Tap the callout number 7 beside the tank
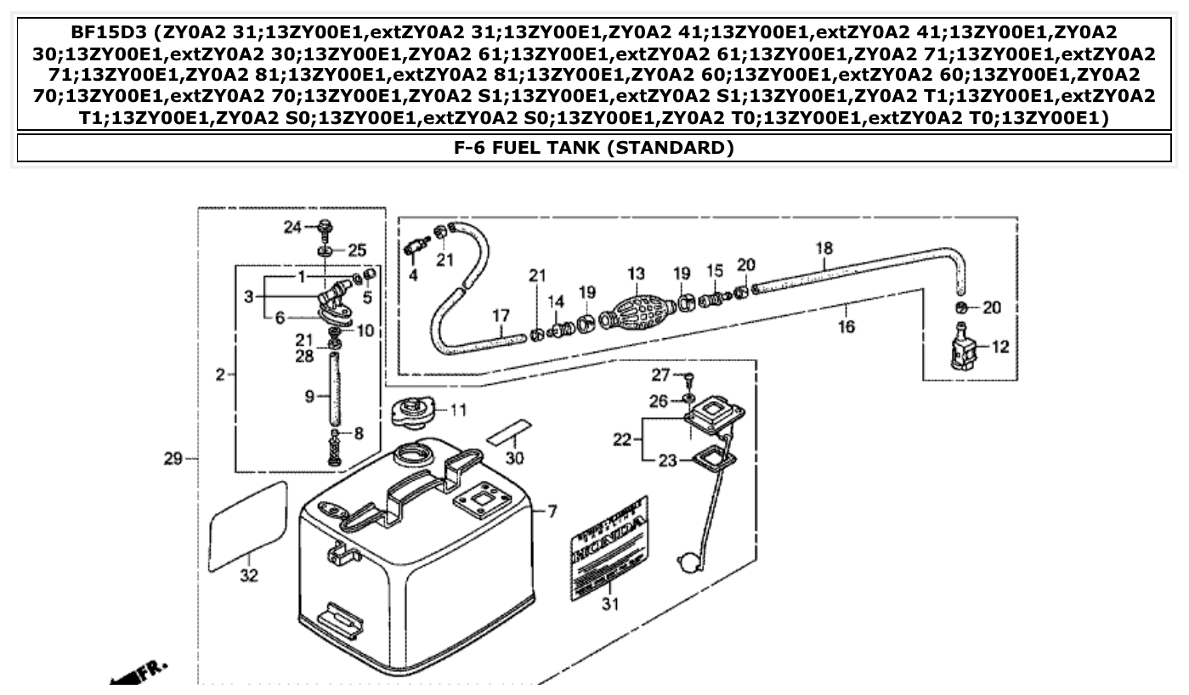point(552,511)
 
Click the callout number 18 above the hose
point(824,248)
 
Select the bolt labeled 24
point(326,227)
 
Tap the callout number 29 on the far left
point(173,459)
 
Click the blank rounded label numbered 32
point(248,524)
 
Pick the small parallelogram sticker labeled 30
point(509,430)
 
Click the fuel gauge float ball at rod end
point(687,562)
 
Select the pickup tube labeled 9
point(333,394)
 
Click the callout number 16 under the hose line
point(846,326)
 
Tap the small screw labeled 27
point(689,378)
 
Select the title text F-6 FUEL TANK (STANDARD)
point(594,148)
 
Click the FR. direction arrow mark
point(140,669)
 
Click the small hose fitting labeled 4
point(414,247)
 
